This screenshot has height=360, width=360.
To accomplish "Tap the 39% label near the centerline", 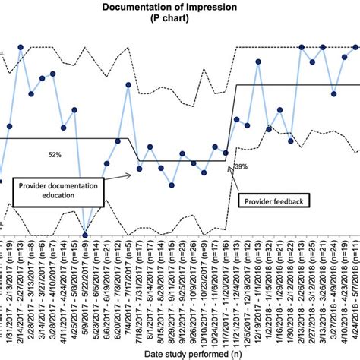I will tap(240, 166).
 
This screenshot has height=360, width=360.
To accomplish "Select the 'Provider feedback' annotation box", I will tap(273, 201).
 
